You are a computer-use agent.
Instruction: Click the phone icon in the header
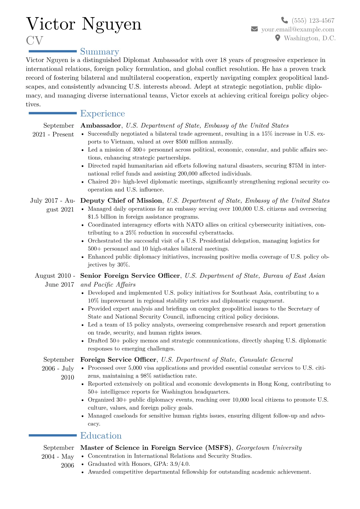284,20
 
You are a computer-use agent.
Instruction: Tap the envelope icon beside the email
254,29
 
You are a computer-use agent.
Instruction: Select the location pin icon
277,38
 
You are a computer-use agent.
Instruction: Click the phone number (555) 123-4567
313,21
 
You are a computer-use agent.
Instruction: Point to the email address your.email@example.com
298,29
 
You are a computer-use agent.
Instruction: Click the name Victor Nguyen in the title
84,24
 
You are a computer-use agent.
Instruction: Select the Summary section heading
100,52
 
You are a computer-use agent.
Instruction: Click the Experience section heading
102,113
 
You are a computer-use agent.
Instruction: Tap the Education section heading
101,436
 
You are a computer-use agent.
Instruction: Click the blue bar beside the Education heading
53,436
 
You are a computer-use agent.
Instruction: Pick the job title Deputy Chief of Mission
121,201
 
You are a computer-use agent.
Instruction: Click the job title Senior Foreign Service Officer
130,276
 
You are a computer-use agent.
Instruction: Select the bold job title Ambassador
101,126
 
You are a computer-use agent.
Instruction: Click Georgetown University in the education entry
269,448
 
